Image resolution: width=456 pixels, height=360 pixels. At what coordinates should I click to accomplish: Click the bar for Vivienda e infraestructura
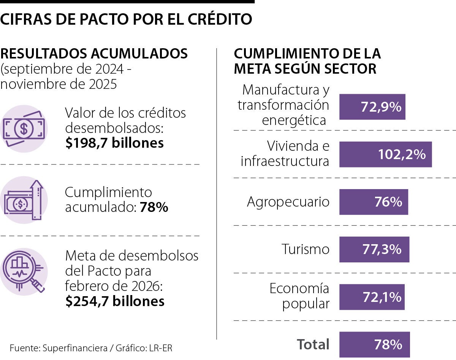[385, 154]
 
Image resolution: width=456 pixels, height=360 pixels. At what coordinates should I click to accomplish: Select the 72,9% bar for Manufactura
[372, 107]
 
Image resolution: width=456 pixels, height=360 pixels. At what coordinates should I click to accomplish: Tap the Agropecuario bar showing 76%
[374, 202]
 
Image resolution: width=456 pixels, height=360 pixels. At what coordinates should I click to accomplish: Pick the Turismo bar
[374, 249]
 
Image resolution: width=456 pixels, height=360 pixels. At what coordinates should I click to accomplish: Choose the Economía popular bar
[372, 297]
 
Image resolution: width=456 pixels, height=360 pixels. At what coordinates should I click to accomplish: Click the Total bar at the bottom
[374, 344]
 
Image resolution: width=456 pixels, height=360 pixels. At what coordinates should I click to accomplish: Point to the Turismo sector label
[306, 249]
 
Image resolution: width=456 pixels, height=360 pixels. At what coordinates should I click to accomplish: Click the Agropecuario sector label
[288, 202]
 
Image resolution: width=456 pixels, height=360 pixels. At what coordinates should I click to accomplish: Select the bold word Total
[313, 344]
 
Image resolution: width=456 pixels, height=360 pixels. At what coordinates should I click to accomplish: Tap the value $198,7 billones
[114, 143]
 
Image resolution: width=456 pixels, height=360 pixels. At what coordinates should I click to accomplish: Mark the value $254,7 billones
[115, 301]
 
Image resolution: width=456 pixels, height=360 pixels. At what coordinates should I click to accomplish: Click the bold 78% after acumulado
[154, 207]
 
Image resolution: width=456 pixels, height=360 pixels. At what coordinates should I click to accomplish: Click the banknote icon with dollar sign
[24, 129]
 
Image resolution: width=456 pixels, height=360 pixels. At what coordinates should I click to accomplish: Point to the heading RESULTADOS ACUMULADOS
[94, 54]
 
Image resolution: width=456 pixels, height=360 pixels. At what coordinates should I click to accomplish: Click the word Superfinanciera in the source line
[74, 348]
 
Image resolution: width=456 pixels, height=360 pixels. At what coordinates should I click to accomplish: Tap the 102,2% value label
[402, 154]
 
